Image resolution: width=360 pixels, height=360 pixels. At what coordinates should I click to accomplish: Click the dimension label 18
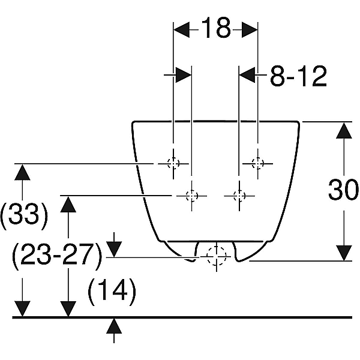[216, 28]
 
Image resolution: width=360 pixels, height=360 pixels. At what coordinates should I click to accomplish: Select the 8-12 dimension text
[298, 76]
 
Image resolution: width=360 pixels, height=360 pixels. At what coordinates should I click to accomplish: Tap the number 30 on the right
[343, 190]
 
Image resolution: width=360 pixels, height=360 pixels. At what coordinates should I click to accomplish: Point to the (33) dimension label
[24, 216]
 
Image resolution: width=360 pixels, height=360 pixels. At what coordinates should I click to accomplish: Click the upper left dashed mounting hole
[173, 163]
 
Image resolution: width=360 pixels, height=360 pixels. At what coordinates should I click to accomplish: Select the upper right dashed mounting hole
[258, 163]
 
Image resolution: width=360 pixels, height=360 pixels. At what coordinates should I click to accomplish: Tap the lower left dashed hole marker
[192, 196]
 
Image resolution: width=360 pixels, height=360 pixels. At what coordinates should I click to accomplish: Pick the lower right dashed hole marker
[239, 196]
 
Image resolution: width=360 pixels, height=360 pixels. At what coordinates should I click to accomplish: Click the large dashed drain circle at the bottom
[217, 256]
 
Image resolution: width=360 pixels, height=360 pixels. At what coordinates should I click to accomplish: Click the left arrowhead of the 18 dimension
[181, 29]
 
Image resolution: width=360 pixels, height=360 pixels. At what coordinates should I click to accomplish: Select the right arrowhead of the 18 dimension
[250, 29]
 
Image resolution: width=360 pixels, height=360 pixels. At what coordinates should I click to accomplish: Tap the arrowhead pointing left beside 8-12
[247, 74]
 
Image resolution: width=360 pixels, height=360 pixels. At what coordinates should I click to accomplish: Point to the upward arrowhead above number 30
[344, 130]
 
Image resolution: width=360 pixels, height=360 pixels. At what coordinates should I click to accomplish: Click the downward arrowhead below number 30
[344, 253]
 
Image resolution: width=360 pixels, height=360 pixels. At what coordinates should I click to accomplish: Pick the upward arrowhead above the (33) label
[22, 172]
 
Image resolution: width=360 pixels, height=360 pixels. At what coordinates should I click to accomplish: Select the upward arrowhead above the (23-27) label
[68, 205]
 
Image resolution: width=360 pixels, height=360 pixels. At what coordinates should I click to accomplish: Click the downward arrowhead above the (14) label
[114, 250]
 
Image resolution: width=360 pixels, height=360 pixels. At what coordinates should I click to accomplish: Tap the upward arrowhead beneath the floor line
[114, 326]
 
